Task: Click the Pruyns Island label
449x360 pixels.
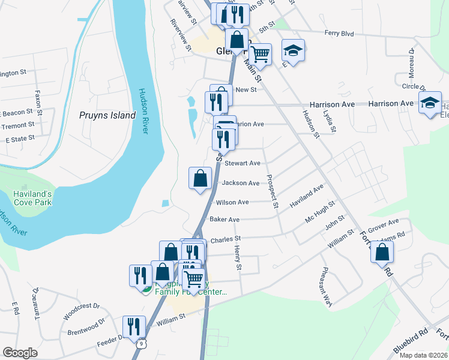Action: coord(108,115)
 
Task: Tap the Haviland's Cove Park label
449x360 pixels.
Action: coord(34,198)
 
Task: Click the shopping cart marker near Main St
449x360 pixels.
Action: coord(261,55)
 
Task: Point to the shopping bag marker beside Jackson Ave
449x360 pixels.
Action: coord(200,178)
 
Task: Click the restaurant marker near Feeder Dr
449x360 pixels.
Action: coord(134,327)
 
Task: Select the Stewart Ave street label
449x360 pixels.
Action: coord(243,163)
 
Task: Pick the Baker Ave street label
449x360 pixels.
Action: coord(224,220)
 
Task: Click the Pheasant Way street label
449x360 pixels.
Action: coord(327,287)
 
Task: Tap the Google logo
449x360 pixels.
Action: coord(20,353)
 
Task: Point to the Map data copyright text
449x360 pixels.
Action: coord(423,355)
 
